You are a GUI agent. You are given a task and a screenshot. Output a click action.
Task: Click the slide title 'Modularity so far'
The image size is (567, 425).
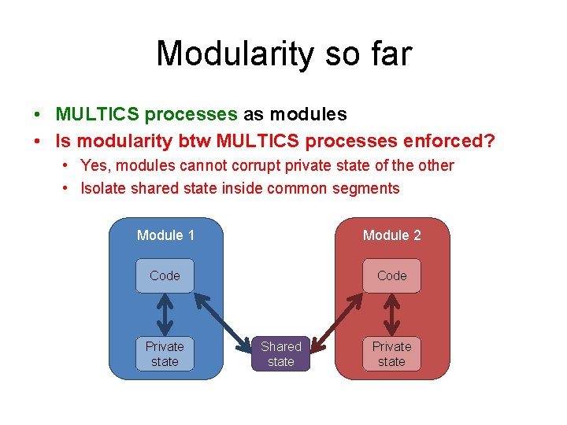coord(283,54)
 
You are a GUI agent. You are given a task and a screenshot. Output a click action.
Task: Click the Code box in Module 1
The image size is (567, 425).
coord(165,275)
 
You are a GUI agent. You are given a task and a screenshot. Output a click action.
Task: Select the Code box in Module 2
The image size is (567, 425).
coord(391,275)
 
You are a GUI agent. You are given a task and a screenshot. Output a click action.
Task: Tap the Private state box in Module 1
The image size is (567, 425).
coord(165,354)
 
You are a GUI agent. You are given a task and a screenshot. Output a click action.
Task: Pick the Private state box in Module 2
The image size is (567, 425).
coord(391,354)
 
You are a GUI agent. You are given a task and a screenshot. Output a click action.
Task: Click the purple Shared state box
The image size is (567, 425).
coord(281,354)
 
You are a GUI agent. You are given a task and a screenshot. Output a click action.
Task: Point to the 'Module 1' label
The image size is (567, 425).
coord(165,235)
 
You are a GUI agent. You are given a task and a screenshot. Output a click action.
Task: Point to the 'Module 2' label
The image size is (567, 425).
coord(391,235)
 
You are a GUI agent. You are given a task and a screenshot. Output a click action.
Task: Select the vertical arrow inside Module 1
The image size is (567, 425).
coord(165,315)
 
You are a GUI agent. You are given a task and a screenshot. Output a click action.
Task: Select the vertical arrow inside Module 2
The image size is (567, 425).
coord(391,315)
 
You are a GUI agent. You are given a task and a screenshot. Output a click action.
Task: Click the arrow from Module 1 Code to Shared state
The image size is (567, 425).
coord(224,320)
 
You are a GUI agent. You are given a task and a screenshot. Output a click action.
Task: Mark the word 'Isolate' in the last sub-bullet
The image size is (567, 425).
coord(104,188)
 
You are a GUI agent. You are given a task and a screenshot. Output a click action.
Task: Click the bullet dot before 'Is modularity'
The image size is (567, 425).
coord(38,142)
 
